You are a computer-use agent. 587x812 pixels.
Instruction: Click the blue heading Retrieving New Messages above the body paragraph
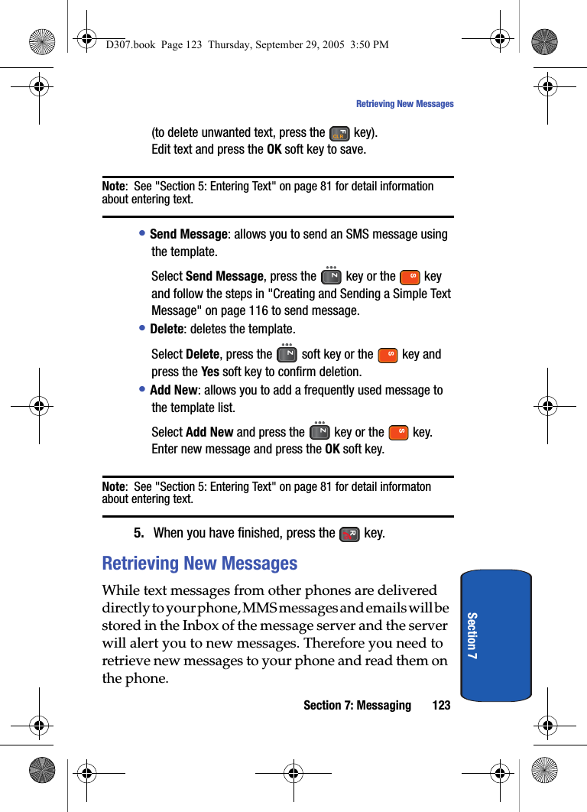(x=199, y=564)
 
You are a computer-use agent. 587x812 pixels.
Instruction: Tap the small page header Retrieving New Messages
(x=404, y=104)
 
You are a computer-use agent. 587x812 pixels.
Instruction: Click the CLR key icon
(x=339, y=134)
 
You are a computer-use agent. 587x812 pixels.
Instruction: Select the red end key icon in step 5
(x=349, y=534)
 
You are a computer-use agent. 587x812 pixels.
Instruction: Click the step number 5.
(x=139, y=533)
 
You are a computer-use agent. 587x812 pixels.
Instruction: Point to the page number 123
(x=441, y=705)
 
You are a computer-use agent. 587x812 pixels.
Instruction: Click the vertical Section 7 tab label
(x=472, y=635)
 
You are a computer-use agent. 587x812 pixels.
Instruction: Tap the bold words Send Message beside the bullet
(x=188, y=235)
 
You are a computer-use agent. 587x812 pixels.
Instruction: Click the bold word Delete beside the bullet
(x=167, y=330)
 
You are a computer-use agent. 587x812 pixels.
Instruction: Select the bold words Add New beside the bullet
(x=174, y=391)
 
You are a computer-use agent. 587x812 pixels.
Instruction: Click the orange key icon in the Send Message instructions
(x=410, y=277)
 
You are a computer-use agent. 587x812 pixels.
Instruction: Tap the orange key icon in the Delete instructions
(x=388, y=355)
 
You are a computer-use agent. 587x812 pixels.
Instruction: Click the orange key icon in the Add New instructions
(x=398, y=433)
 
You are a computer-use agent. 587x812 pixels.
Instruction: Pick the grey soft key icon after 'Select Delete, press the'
(x=287, y=354)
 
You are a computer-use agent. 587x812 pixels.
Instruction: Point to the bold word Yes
(x=209, y=372)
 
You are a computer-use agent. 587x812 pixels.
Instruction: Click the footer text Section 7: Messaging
(x=357, y=705)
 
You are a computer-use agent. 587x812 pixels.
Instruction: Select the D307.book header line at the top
(x=247, y=44)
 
